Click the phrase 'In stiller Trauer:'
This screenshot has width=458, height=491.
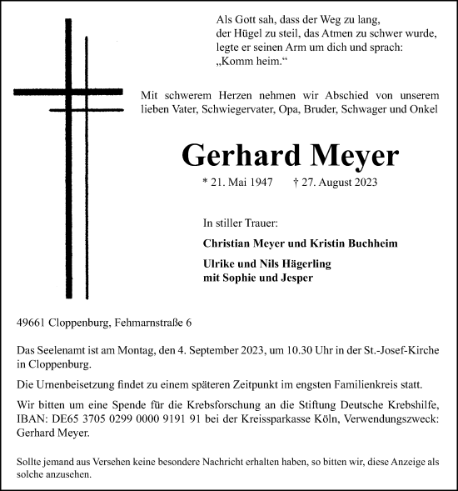click(x=240, y=223)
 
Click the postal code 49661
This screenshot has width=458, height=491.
click(x=32, y=323)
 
